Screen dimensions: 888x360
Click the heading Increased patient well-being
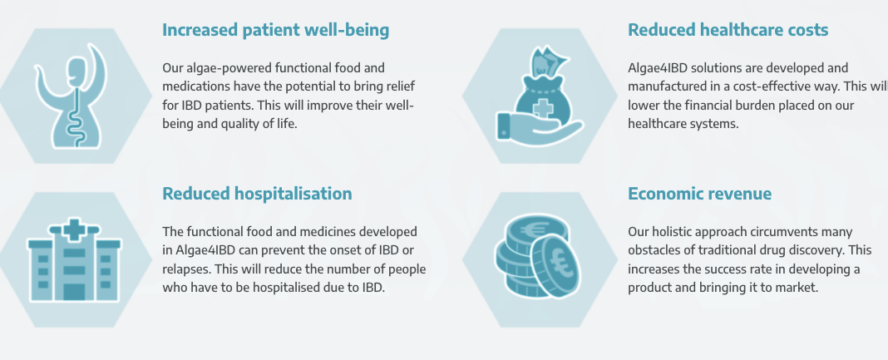[276, 31]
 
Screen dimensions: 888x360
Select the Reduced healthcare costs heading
[728, 30]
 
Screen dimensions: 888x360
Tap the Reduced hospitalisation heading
[257, 195]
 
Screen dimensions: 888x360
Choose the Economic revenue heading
[699, 194]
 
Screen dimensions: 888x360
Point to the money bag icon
[540, 95]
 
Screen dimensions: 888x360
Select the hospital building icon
[74, 259]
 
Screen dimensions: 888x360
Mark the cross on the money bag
[543, 107]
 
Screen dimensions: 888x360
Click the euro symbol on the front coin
[559, 265]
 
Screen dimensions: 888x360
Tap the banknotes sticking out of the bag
[547, 62]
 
